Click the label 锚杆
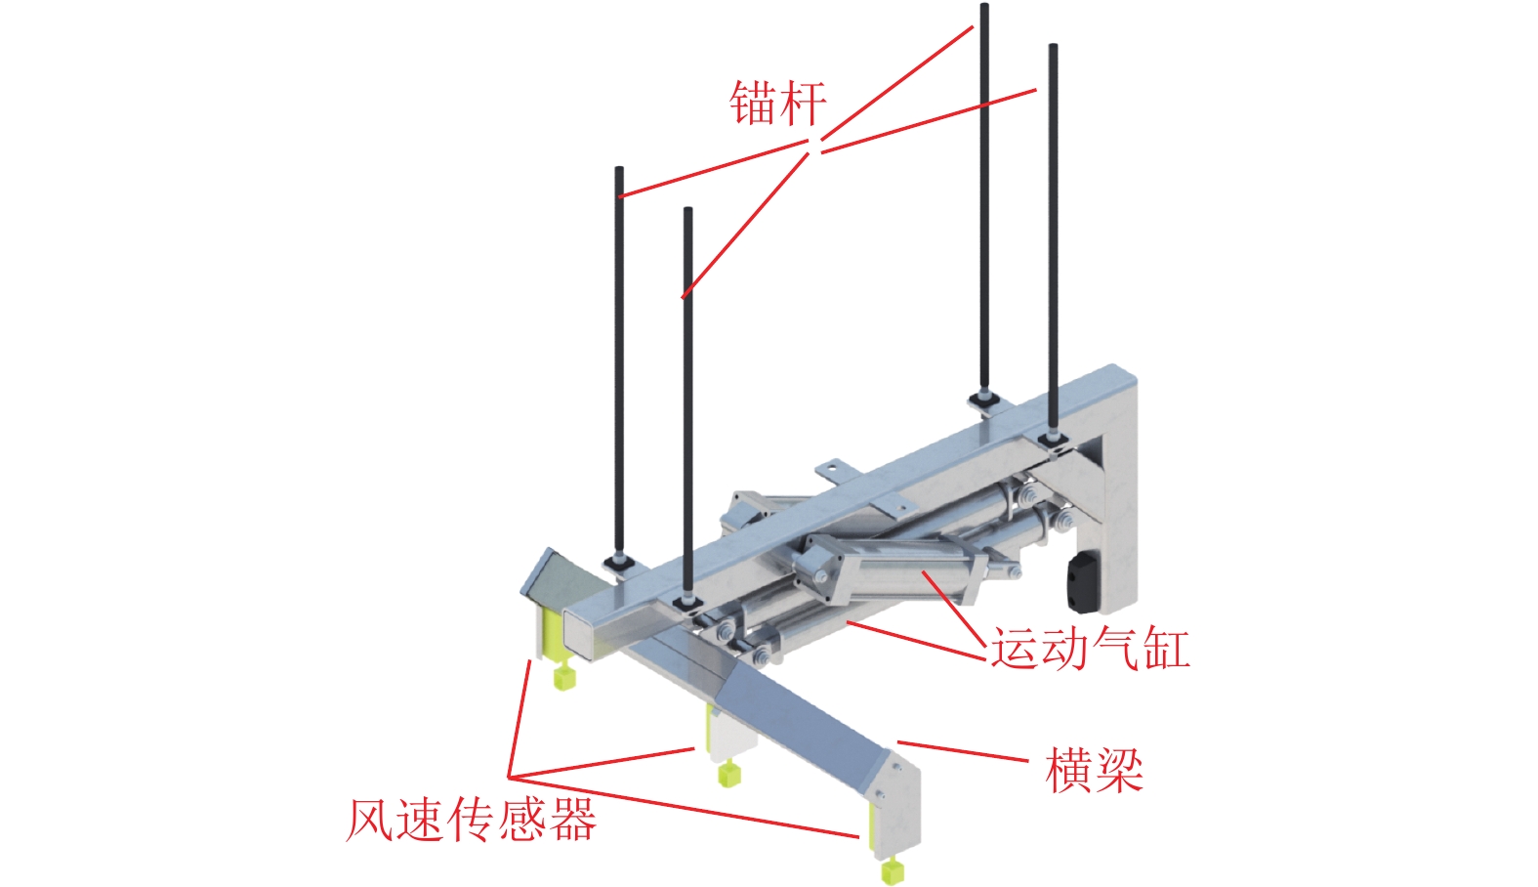coord(777,103)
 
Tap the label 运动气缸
coord(1090,648)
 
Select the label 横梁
coord(1094,770)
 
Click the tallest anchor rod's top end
coord(984,8)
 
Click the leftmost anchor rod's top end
coord(619,171)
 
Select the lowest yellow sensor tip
coord(890,869)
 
